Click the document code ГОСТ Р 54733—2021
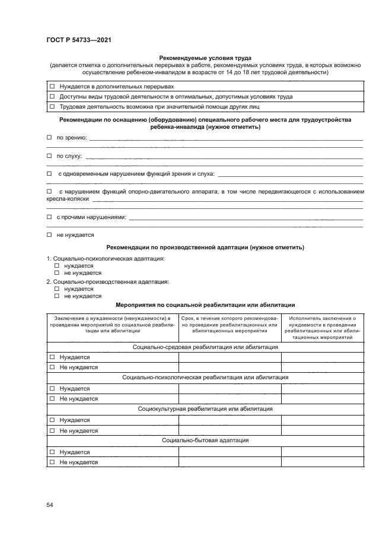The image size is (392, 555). [x=79, y=40]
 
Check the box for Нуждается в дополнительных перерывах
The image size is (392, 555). [x=52, y=86]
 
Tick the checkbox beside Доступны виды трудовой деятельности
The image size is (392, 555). [x=52, y=96]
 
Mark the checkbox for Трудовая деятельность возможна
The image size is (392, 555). [x=52, y=107]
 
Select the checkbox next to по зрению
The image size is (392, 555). [x=49, y=138]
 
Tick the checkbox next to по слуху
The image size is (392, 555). [x=49, y=156]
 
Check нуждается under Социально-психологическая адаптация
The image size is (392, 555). [x=57, y=266]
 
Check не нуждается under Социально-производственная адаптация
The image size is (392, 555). [x=57, y=296]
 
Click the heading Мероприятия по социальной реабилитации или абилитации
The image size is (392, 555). [x=205, y=305]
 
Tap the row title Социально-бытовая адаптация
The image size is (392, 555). [x=205, y=440]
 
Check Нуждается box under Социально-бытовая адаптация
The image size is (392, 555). [x=52, y=452]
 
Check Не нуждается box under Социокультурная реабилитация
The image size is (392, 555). [x=52, y=430]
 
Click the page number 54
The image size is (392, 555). [x=50, y=505]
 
